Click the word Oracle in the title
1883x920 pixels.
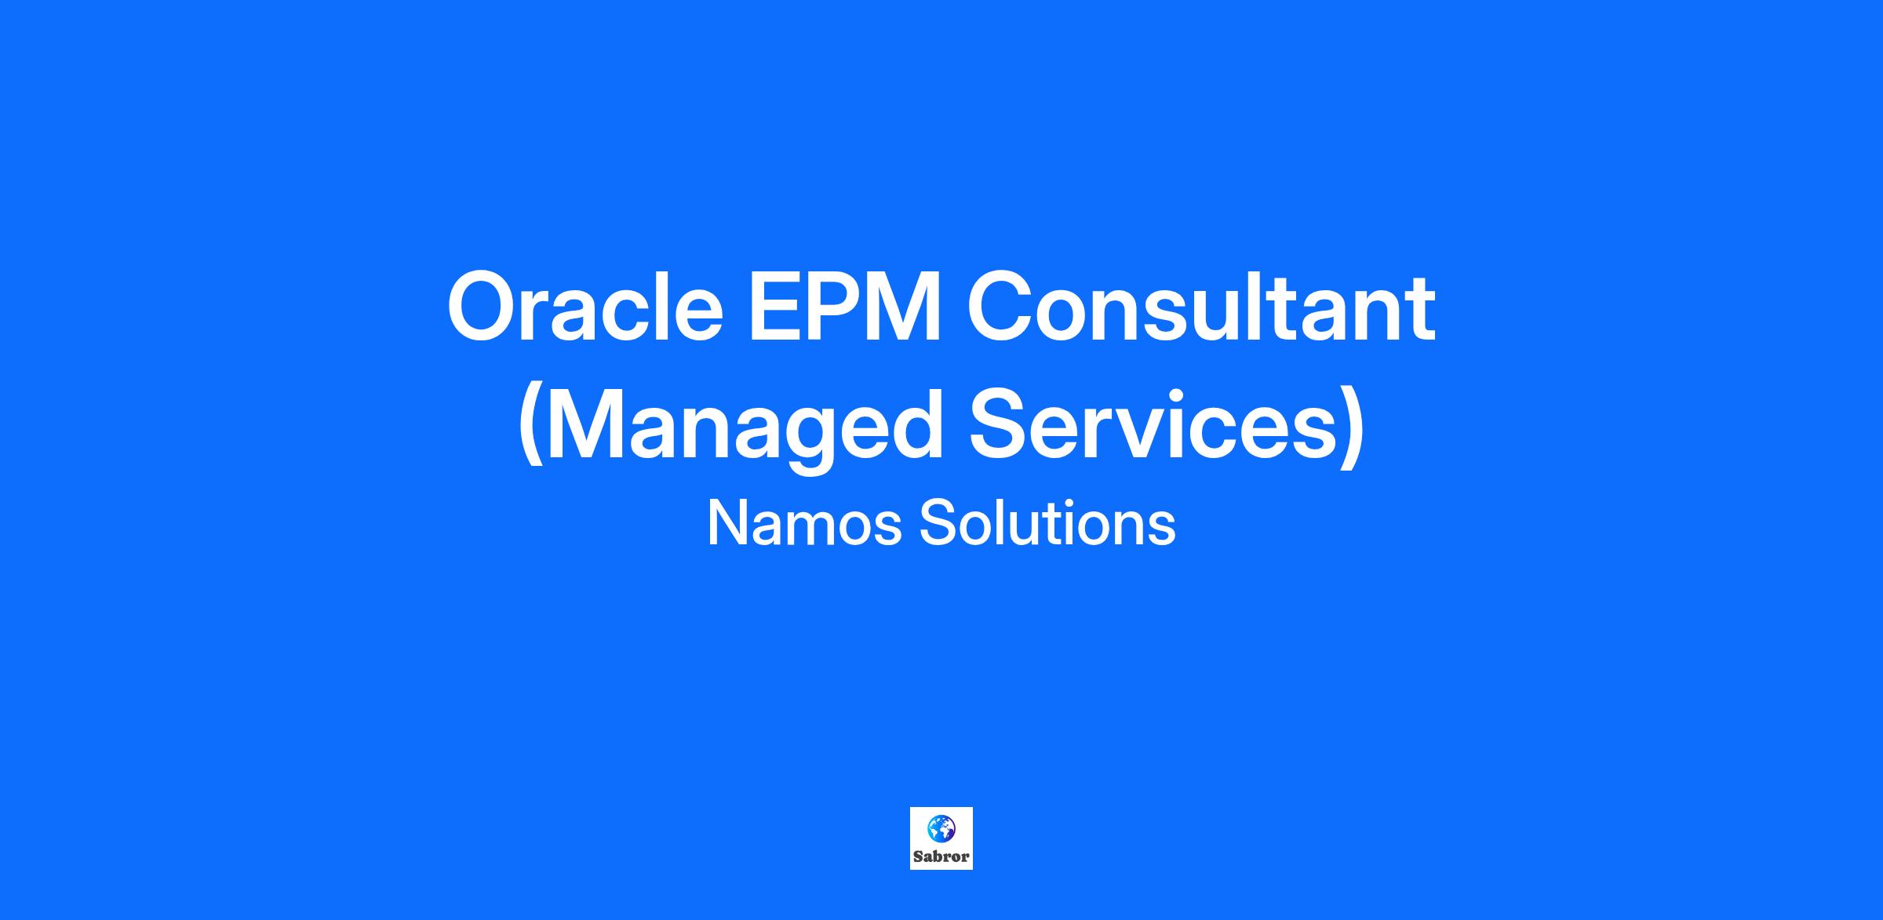click(585, 307)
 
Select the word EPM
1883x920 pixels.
click(845, 307)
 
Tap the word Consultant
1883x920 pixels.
click(1201, 307)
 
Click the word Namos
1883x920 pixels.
click(804, 524)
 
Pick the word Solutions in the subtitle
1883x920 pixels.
click(1047, 523)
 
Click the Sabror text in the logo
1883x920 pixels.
click(941, 856)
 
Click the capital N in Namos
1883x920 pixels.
click(727, 524)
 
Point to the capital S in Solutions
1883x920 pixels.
click(937, 524)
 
